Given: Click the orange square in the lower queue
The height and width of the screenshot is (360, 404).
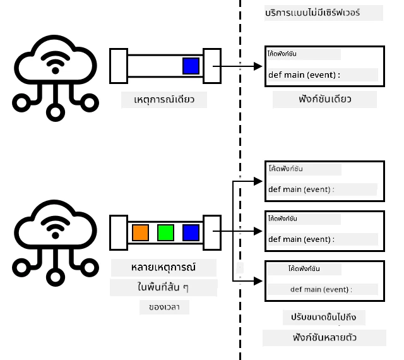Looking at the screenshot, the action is (140, 232).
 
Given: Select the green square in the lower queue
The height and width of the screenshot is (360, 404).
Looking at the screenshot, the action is (165, 232).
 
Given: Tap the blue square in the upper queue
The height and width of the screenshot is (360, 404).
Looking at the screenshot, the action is (191, 66).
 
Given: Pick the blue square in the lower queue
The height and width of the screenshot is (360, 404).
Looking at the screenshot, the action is (191, 232).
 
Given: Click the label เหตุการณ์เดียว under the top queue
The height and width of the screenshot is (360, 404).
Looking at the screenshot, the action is (164, 100).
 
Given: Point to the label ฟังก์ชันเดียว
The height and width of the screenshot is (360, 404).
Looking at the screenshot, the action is (325, 99).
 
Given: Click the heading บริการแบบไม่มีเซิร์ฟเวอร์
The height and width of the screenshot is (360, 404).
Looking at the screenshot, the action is (312, 13).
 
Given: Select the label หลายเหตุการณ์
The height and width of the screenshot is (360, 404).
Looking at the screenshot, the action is (163, 267).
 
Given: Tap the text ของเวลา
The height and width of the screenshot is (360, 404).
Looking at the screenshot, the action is (164, 307).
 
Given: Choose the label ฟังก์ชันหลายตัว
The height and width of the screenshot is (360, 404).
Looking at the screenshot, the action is (324, 337).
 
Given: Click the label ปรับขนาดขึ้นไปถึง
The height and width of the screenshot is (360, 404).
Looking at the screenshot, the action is (324, 317).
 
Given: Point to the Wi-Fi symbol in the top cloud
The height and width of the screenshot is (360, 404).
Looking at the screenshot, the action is (55, 63).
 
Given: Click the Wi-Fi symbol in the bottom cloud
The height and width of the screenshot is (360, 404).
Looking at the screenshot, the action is (55, 227).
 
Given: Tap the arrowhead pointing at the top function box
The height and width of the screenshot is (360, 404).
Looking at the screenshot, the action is (258, 66).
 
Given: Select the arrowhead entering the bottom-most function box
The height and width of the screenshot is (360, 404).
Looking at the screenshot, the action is (258, 281).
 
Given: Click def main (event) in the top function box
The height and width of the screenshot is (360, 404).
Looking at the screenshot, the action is (304, 75).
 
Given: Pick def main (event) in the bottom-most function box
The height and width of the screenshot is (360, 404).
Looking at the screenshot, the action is (321, 290).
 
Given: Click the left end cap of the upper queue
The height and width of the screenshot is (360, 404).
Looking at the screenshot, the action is (119, 66).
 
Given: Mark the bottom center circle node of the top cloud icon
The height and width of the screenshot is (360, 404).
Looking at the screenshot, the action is (56, 112).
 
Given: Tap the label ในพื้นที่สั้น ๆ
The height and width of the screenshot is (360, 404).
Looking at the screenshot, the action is (163, 287).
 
